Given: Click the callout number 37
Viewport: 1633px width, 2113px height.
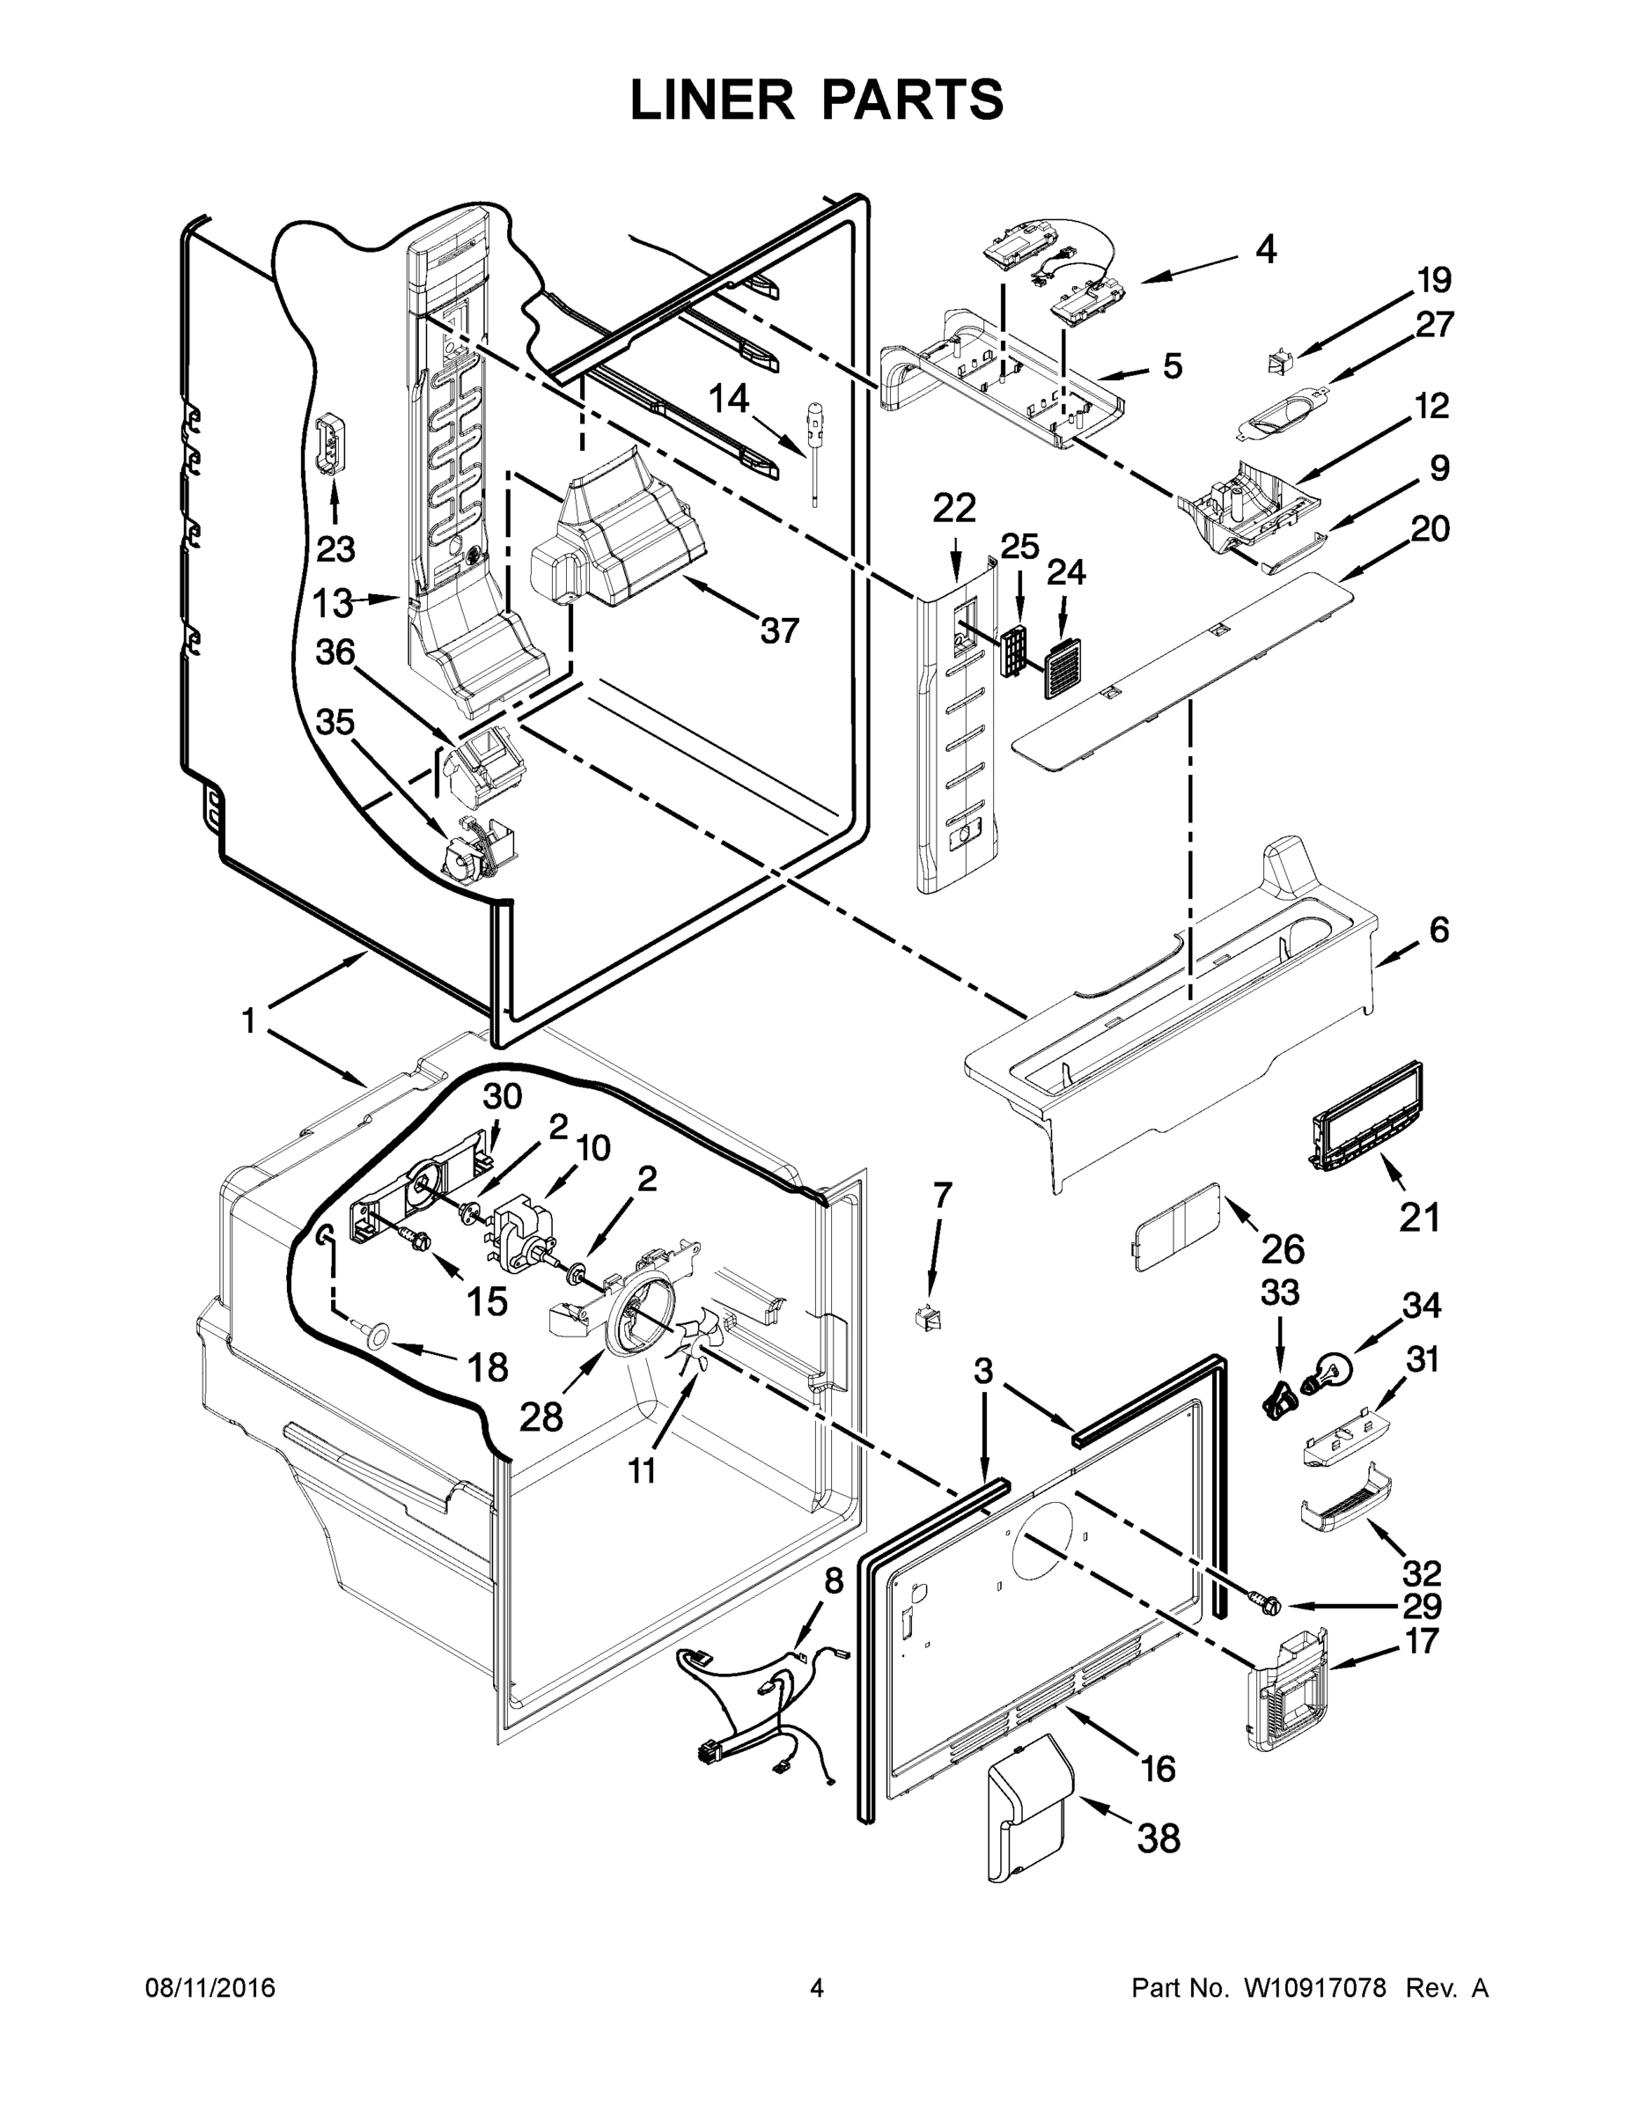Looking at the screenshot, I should coord(780,630).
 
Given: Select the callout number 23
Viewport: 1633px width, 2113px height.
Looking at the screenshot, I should coord(335,548).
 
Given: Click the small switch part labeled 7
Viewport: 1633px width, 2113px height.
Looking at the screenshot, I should coord(928,1318).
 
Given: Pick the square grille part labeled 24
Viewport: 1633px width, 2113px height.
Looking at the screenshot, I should coord(1067,666).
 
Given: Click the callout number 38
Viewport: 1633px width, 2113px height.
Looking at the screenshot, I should coord(1158,1838).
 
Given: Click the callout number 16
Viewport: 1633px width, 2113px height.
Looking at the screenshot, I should coord(1157,1769).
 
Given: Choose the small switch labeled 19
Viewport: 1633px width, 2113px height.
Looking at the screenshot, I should coord(1279,364).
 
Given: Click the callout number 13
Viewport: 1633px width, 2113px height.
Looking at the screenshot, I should coord(332,604).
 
